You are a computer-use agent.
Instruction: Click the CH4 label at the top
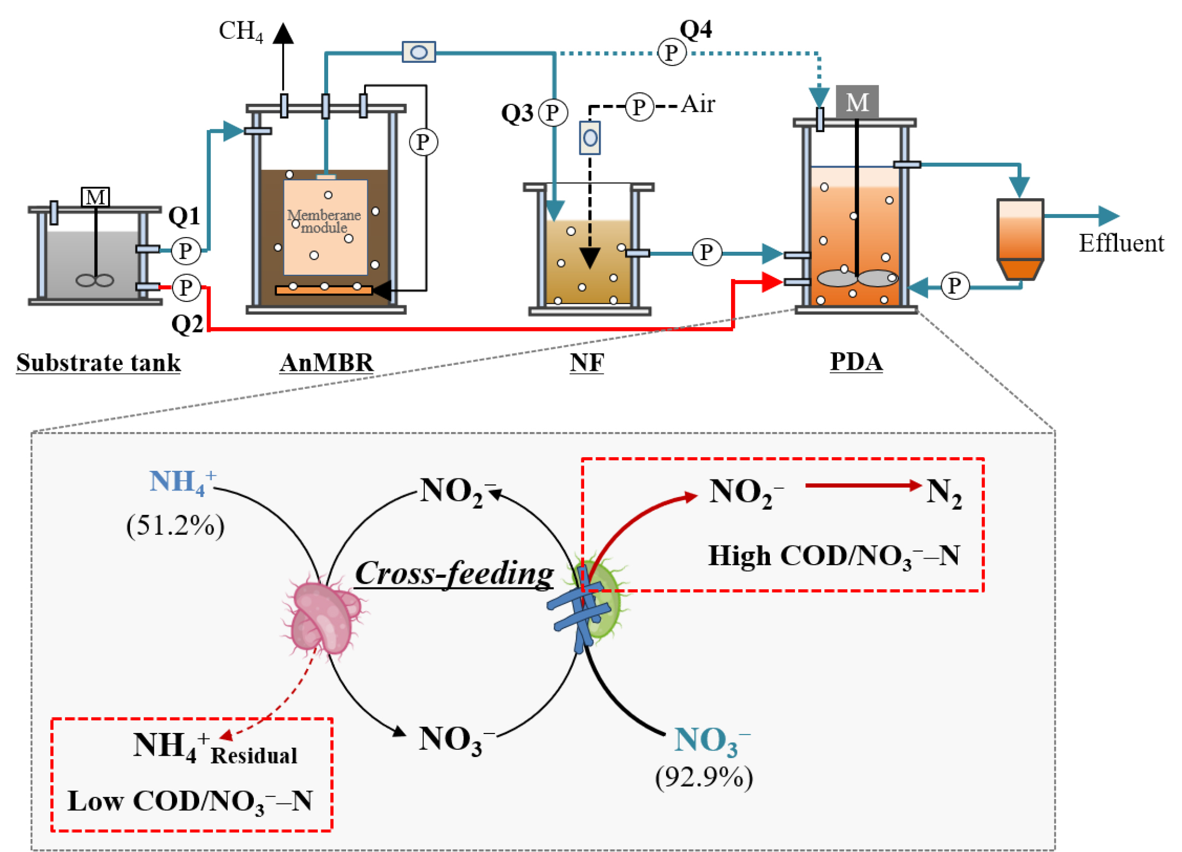point(241,31)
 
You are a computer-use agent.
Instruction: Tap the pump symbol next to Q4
point(671,52)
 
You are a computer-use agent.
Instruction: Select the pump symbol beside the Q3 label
point(553,113)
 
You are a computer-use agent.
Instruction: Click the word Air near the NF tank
point(698,104)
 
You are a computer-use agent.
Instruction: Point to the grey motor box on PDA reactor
point(857,102)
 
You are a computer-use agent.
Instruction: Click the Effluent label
point(1121,243)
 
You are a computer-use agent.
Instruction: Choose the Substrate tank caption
point(98,363)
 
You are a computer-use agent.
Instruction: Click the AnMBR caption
point(326,363)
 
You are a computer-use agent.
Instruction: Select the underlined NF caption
point(587,363)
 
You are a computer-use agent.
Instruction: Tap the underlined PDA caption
point(856,362)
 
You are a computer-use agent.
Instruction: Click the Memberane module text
point(324,221)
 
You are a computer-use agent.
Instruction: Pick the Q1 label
point(184,216)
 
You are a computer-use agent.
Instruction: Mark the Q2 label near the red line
point(187,324)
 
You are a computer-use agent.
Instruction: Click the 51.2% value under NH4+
point(175,525)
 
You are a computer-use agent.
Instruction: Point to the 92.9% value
point(704,777)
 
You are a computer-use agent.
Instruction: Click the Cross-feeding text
point(454,573)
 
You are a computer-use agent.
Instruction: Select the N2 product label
point(944,492)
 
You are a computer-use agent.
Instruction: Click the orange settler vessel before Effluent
point(1020,239)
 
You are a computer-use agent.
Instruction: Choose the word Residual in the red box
point(254,756)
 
